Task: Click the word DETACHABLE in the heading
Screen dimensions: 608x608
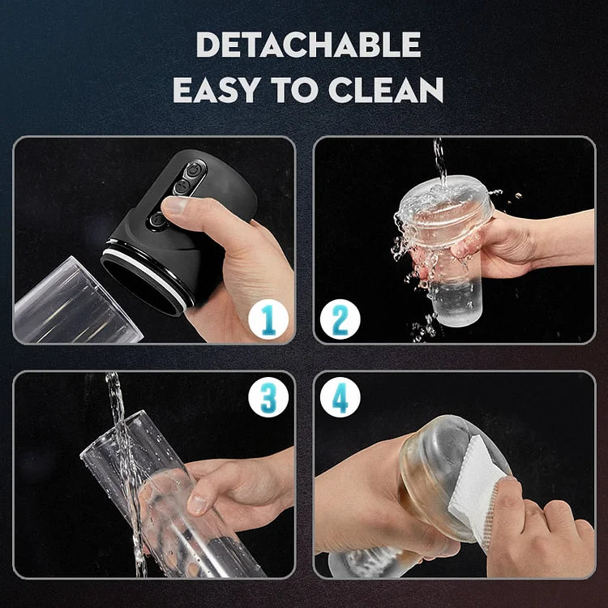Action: (x=308, y=45)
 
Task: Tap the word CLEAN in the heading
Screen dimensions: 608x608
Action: (x=386, y=89)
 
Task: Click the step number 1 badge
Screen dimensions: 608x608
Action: (x=268, y=319)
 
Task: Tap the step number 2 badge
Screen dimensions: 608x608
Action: (x=340, y=319)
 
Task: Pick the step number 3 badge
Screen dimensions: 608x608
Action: (x=268, y=397)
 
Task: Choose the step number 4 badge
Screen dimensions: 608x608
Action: (x=340, y=397)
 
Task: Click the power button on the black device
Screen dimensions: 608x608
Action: (x=193, y=170)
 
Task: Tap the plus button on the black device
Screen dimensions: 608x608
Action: (x=182, y=187)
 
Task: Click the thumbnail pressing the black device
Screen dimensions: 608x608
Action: (x=174, y=205)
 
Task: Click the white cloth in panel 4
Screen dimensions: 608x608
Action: (x=476, y=489)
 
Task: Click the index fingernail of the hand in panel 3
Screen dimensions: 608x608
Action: (x=197, y=505)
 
